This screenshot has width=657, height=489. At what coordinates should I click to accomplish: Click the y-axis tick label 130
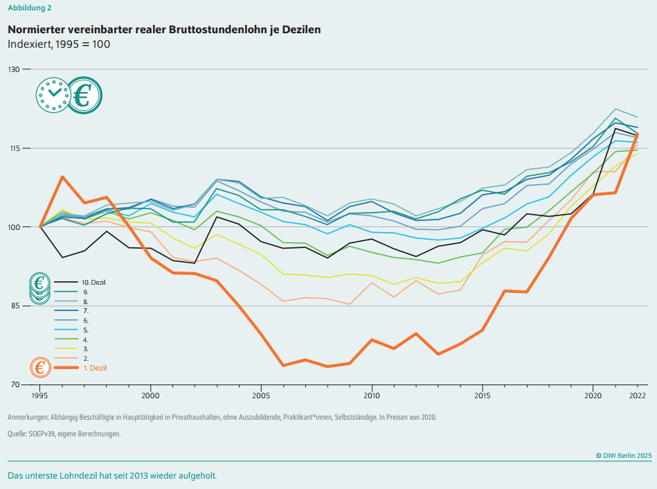[14, 69]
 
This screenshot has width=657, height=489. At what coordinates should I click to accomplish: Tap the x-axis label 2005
[261, 395]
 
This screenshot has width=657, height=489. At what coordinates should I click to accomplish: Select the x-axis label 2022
[638, 395]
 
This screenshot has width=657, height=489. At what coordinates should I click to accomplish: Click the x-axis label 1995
[40, 395]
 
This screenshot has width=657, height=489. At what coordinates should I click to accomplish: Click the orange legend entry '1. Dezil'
[95, 368]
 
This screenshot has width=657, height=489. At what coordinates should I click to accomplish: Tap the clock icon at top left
[53, 96]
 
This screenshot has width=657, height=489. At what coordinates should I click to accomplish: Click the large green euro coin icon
[84, 96]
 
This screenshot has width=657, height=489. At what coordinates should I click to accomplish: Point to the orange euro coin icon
[40, 368]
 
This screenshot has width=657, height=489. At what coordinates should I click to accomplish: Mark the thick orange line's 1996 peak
[62, 177]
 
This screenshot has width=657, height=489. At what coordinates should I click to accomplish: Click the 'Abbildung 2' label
[29, 8]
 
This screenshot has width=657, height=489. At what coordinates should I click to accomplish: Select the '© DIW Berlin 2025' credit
[623, 455]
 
